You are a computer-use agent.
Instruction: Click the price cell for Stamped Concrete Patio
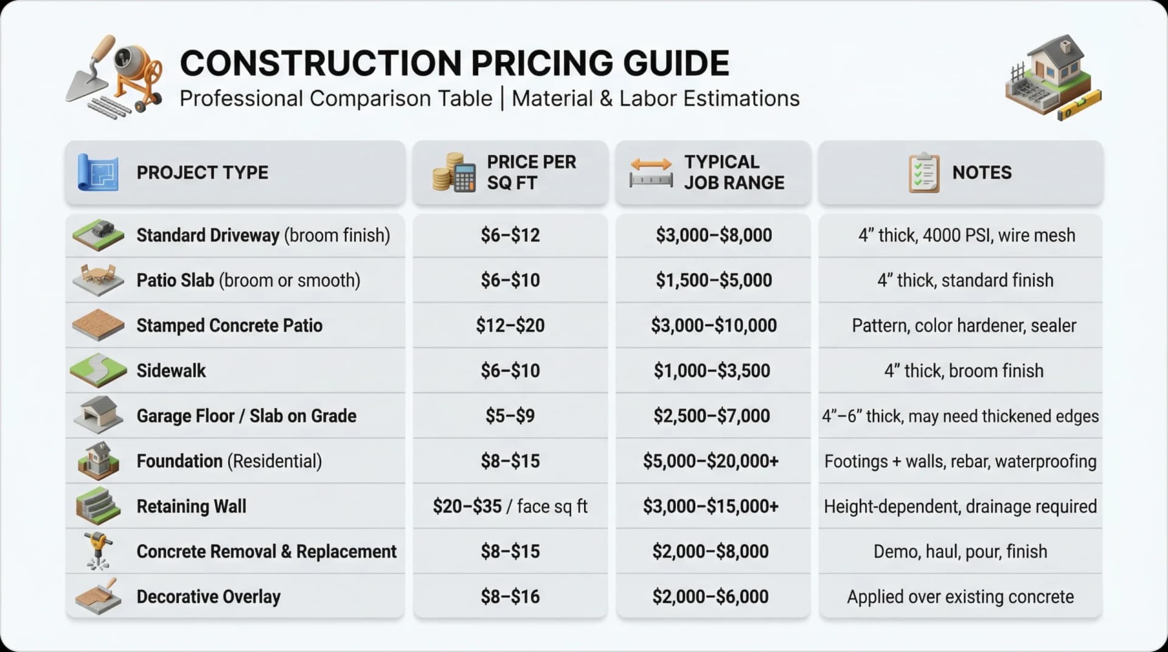click(x=510, y=325)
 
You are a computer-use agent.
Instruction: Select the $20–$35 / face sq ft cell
click(x=510, y=506)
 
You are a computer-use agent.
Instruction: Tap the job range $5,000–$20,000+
click(x=711, y=461)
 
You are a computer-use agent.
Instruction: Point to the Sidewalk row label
click(x=171, y=370)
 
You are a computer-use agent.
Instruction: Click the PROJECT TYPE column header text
click(x=202, y=173)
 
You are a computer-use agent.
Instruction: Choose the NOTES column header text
click(x=981, y=173)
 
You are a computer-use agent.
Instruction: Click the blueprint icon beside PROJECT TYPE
click(x=97, y=173)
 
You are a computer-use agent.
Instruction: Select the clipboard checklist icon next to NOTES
click(x=923, y=173)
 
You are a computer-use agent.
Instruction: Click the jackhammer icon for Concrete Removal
click(x=98, y=550)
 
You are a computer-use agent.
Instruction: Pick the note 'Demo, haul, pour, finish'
click(x=960, y=552)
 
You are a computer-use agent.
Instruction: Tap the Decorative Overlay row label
click(x=208, y=597)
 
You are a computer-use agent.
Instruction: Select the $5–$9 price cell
click(x=510, y=416)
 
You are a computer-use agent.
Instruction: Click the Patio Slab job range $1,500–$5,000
click(x=713, y=280)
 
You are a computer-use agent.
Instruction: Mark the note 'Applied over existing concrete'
click(x=960, y=597)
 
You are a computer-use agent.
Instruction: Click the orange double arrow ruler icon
click(x=651, y=172)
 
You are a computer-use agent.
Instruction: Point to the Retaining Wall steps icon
click(x=97, y=506)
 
